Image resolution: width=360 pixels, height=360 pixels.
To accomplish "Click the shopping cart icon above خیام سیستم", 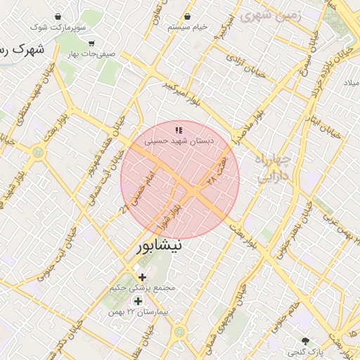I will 188,16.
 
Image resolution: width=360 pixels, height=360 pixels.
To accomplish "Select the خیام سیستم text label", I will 188,27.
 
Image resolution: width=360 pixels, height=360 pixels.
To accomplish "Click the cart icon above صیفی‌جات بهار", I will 91,43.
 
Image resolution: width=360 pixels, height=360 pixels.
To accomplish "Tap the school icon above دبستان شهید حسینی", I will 179,129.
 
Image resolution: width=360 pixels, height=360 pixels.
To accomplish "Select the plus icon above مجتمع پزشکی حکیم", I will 143,277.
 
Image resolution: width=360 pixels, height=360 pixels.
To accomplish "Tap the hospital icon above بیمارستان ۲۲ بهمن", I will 138,301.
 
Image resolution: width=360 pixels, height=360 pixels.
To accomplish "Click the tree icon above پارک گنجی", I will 304,340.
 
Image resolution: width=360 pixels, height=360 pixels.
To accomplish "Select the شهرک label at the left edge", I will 21,49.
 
